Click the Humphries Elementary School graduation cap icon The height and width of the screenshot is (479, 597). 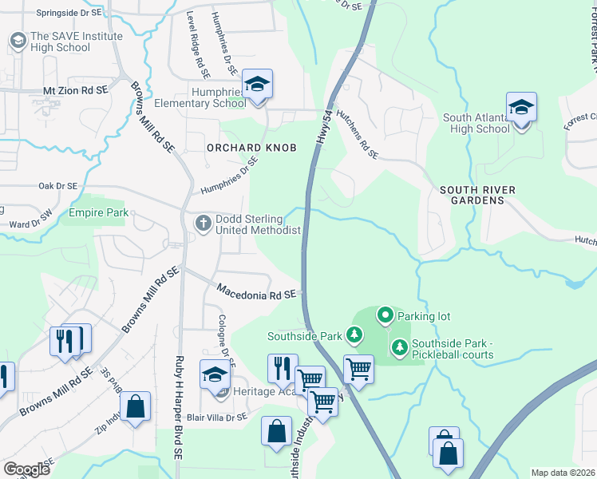257,84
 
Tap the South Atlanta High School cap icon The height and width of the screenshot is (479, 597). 521,108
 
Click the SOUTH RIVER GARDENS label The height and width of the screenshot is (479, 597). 477,195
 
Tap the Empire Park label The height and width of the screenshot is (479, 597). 98,213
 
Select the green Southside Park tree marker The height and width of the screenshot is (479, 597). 355,335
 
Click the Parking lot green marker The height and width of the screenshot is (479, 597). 385,316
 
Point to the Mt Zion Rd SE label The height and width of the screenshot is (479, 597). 75,91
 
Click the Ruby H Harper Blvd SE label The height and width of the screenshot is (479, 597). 180,407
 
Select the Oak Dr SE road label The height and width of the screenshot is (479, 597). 57,186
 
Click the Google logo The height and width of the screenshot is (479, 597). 26,469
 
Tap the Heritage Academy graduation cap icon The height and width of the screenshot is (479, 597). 215,374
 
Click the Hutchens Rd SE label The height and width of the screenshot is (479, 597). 358,137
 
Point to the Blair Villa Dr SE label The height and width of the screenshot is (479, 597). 218,417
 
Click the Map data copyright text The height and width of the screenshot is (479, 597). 562,473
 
